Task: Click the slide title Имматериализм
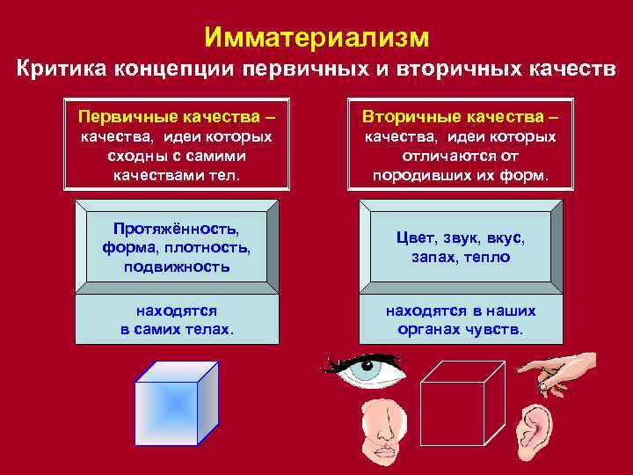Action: pos(316,36)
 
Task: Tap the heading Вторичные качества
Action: pos(462,116)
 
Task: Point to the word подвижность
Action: pos(177,267)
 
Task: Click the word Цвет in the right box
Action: pos(414,239)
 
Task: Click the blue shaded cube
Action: pos(176,402)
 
